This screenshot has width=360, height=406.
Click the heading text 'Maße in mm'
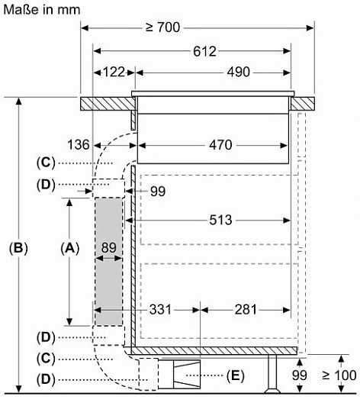click(x=42, y=10)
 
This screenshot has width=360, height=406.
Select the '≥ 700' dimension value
click(x=162, y=27)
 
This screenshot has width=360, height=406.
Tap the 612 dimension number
click(x=204, y=51)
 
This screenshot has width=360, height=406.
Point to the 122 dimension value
click(x=114, y=72)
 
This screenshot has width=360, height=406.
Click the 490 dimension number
click(x=239, y=72)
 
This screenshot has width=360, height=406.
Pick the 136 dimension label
click(x=78, y=144)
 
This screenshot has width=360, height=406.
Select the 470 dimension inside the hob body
click(x=220, y=145)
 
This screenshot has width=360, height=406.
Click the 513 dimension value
click(x=220, y=220)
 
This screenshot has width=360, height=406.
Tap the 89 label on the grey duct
click(x=109, y=247)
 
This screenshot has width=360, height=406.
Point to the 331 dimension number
click(x=160, y=309)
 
